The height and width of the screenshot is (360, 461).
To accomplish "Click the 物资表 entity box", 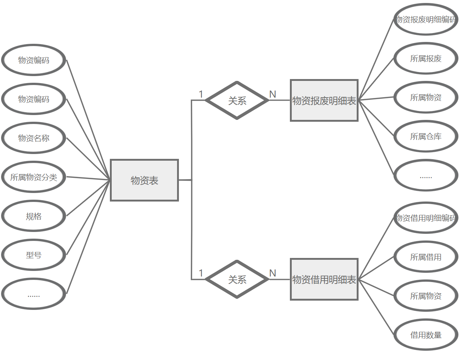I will (x=144, y=180).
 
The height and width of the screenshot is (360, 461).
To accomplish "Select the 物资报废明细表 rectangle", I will (x=324, y=100).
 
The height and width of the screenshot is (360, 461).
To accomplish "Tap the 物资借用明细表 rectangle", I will (x=324, y=279).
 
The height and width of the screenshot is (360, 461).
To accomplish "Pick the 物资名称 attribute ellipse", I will (x=34, y=138).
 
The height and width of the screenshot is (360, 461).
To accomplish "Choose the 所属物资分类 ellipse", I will (x=34, y=177).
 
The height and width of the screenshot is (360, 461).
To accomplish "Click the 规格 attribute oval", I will (x=34, y=216).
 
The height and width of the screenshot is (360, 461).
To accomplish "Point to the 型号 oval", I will (x=34, y=255).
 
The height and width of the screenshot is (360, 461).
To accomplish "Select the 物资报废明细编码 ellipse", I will (x=425, y=19).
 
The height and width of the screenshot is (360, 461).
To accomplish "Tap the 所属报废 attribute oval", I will (x=425, y=58).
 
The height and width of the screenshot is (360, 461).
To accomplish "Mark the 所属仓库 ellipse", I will (x=425, y=136).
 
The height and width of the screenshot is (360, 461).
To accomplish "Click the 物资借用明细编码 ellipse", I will (x=425, y=218).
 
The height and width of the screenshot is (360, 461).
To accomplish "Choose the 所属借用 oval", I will (x=425, y=257).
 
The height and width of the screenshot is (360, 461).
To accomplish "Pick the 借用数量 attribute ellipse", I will (x=425, y=335).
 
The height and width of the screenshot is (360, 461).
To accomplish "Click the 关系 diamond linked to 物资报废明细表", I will (x=237, y=100).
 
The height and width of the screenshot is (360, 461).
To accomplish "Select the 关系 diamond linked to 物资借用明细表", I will (x=237, y=279).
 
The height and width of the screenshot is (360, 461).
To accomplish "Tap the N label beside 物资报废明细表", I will (x=273, y=94).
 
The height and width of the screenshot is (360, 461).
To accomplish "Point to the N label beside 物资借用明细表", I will (x=273, y=273).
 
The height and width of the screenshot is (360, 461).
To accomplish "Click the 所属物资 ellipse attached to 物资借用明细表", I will (x=425, y=296).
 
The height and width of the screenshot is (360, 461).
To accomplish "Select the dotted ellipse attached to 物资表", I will (x=34, y=294).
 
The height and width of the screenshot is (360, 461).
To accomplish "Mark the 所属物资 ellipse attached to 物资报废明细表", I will (x=425, y=97).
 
